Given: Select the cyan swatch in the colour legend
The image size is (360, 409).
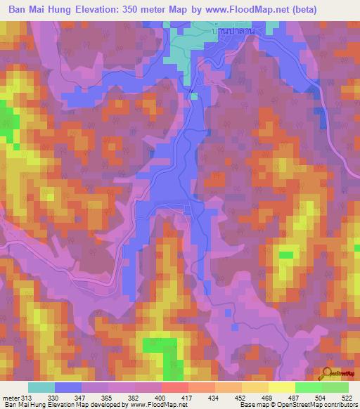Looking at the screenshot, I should click(x=41, y=387).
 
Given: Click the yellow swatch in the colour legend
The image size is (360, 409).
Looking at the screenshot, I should click(x=281, y=387).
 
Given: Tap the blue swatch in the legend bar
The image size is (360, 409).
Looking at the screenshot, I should click(x=68, y=387).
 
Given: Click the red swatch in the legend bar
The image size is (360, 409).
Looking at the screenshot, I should click(x=175, y=387).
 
